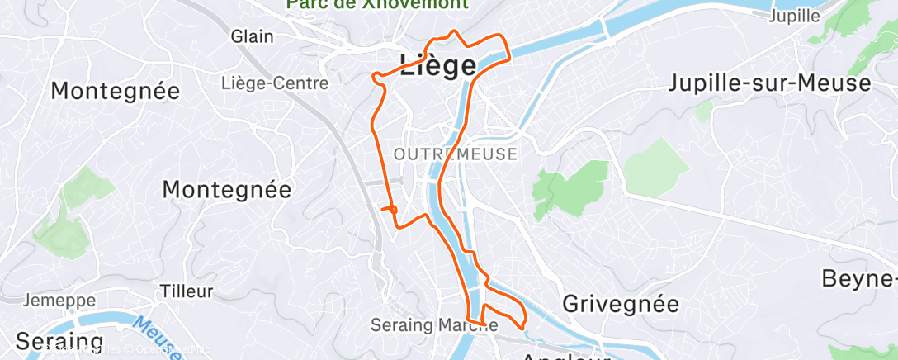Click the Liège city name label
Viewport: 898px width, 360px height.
pos(437,66)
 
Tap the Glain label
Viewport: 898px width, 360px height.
pos(253,36)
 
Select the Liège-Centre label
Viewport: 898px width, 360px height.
pos(275,83)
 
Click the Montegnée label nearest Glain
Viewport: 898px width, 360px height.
pos(116,91)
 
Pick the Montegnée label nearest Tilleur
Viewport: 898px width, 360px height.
pos(227,189)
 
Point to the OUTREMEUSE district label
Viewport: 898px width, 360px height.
pos(456,154)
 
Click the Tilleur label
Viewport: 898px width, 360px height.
pos(187,291)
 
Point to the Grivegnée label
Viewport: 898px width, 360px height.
pos(621,303)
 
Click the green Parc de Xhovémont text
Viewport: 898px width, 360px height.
pos(377,4)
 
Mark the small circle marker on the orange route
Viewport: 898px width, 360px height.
pos(393,210)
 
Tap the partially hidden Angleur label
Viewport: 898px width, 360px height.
pos(565,356)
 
